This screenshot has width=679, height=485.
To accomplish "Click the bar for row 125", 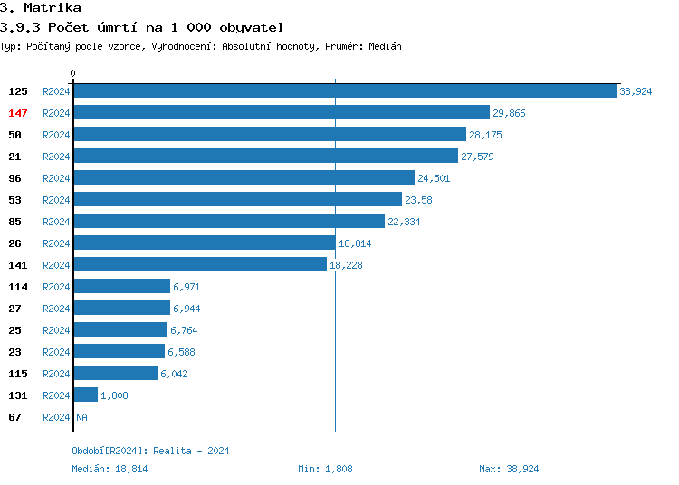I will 345,91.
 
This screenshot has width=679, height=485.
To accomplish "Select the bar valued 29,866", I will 282,113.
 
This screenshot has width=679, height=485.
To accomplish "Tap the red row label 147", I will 18,113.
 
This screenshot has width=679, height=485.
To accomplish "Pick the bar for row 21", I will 265,157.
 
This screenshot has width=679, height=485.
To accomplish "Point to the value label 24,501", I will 434,178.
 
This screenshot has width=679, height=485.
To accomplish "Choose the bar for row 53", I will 237,200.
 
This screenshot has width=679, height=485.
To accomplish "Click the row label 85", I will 14,222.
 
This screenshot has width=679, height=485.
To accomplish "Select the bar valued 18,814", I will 204,243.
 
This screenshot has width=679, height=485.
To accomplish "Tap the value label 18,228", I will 346,265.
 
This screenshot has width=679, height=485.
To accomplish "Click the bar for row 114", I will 121,287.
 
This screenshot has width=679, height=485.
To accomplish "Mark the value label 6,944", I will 186,309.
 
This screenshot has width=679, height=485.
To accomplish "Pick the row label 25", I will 14,330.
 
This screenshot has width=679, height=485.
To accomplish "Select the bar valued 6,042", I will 115,374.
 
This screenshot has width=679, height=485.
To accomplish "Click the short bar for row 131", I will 85,395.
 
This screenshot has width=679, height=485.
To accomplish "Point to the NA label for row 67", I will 81,417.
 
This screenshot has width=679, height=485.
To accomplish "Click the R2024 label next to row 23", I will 56,352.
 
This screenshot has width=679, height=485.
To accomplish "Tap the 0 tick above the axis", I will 73,73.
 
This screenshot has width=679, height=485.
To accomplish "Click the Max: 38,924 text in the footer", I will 509,469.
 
